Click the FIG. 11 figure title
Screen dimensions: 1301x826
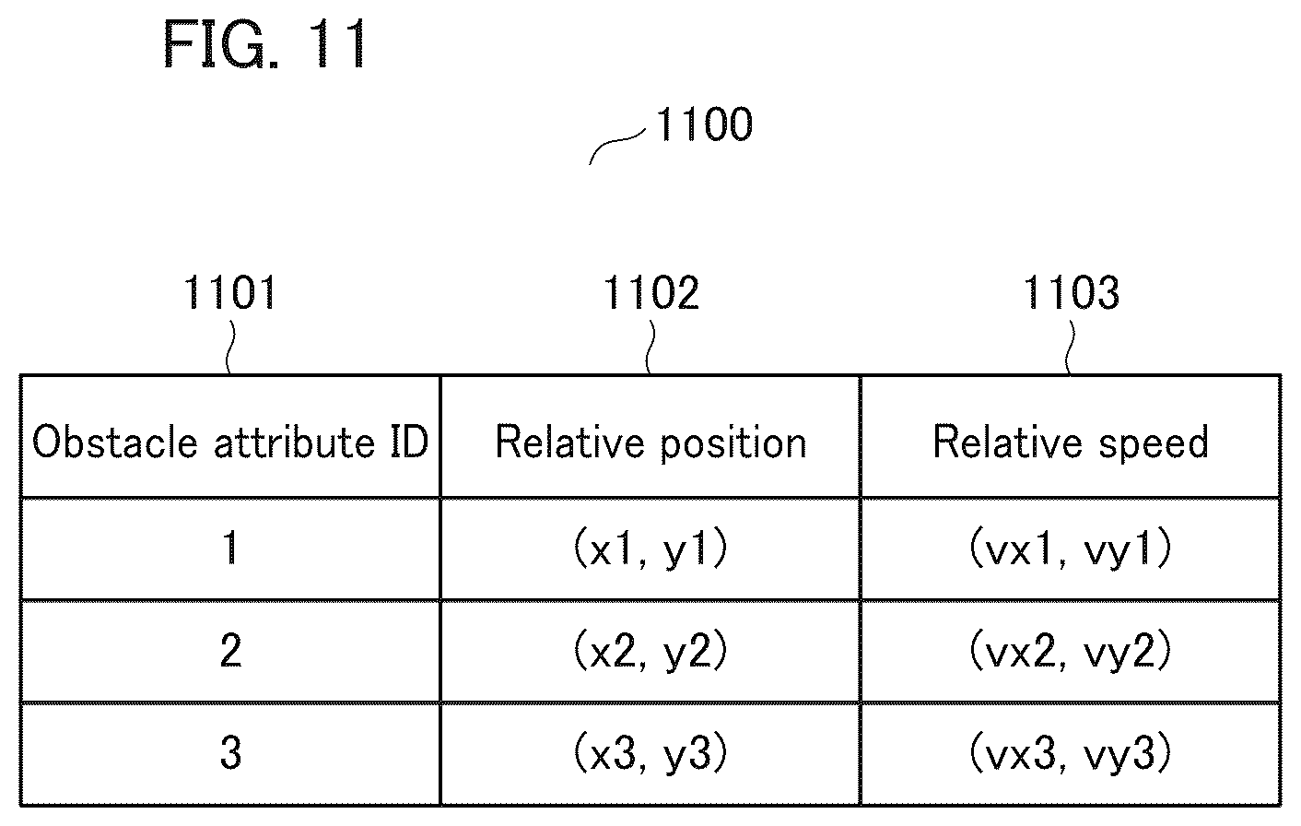click(264, 44)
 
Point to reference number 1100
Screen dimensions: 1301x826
click(704, 124)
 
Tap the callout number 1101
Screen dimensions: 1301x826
click(229, 292)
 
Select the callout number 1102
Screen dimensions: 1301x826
click(651, 292)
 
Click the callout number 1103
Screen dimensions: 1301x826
click(1071, 292)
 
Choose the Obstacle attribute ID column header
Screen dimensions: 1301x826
click(230, 442)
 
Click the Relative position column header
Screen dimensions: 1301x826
click(650, 442)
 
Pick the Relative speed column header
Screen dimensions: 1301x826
click(1071, 442)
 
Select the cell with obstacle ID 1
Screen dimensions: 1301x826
click(230, 548)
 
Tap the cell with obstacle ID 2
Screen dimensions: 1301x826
click(230, 651)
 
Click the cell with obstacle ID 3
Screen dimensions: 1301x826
click(230, 753)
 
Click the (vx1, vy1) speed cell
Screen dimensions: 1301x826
click(1071, 548)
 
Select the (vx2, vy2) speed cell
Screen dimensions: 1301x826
click(1071, 651)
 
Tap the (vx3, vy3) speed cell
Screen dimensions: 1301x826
click(1071, 753)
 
